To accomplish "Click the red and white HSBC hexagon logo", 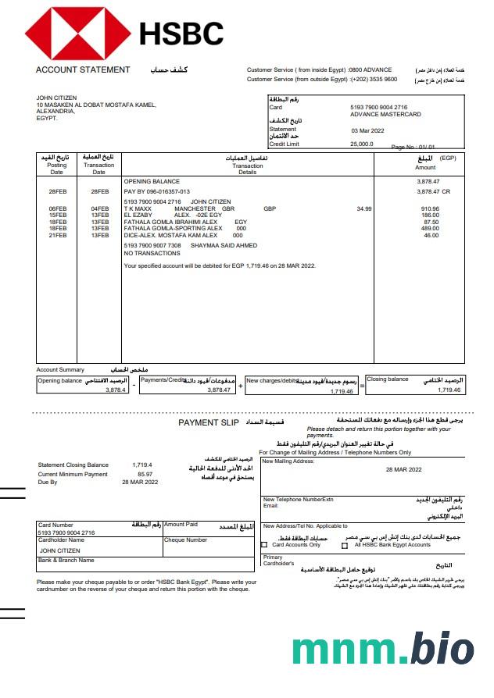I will tap(77, 34).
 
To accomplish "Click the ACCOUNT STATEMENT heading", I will tap(83, 70).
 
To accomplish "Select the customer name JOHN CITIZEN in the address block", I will tap(56, 98).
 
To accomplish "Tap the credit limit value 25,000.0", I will tap(362, 144).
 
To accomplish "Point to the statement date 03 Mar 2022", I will tap(368, 130).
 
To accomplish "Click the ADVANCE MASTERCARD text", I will tap(385, 114).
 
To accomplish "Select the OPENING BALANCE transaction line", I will tap(152, 181).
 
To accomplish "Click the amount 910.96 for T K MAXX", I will tap(430, 209).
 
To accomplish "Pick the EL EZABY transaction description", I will tap(138, 215).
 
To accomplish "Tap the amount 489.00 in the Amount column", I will tap(430, 229).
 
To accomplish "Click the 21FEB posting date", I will tap(57, 235).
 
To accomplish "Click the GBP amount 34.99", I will tap(364, 209).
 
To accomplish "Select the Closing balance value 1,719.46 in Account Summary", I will tap(449, 390).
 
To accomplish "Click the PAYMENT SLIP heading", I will tap(209, 422).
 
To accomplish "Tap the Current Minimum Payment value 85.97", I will tap(145, 474).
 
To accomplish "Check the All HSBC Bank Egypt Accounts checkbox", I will tap(345, 545).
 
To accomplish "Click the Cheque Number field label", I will tap(185, 540).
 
